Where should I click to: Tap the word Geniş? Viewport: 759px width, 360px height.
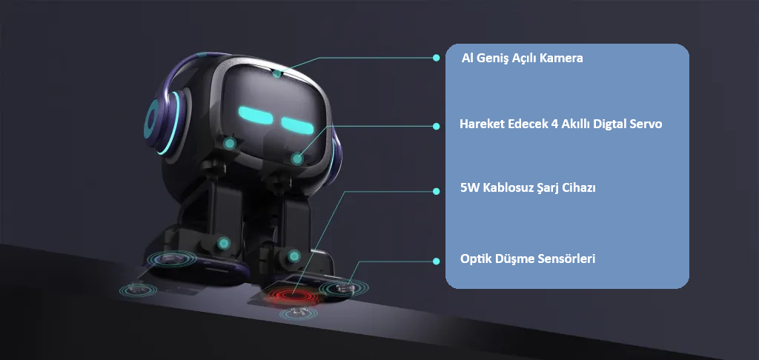tap(496, 58)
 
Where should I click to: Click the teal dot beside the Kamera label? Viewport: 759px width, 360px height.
tap(437, 57)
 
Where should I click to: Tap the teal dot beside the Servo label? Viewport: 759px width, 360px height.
tap(437, 126)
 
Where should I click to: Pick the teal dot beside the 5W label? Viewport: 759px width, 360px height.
tap(437, 191)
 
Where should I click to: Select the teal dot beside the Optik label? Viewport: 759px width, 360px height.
tap(437, 261)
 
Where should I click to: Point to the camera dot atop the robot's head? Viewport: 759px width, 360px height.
tap(276, 73)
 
